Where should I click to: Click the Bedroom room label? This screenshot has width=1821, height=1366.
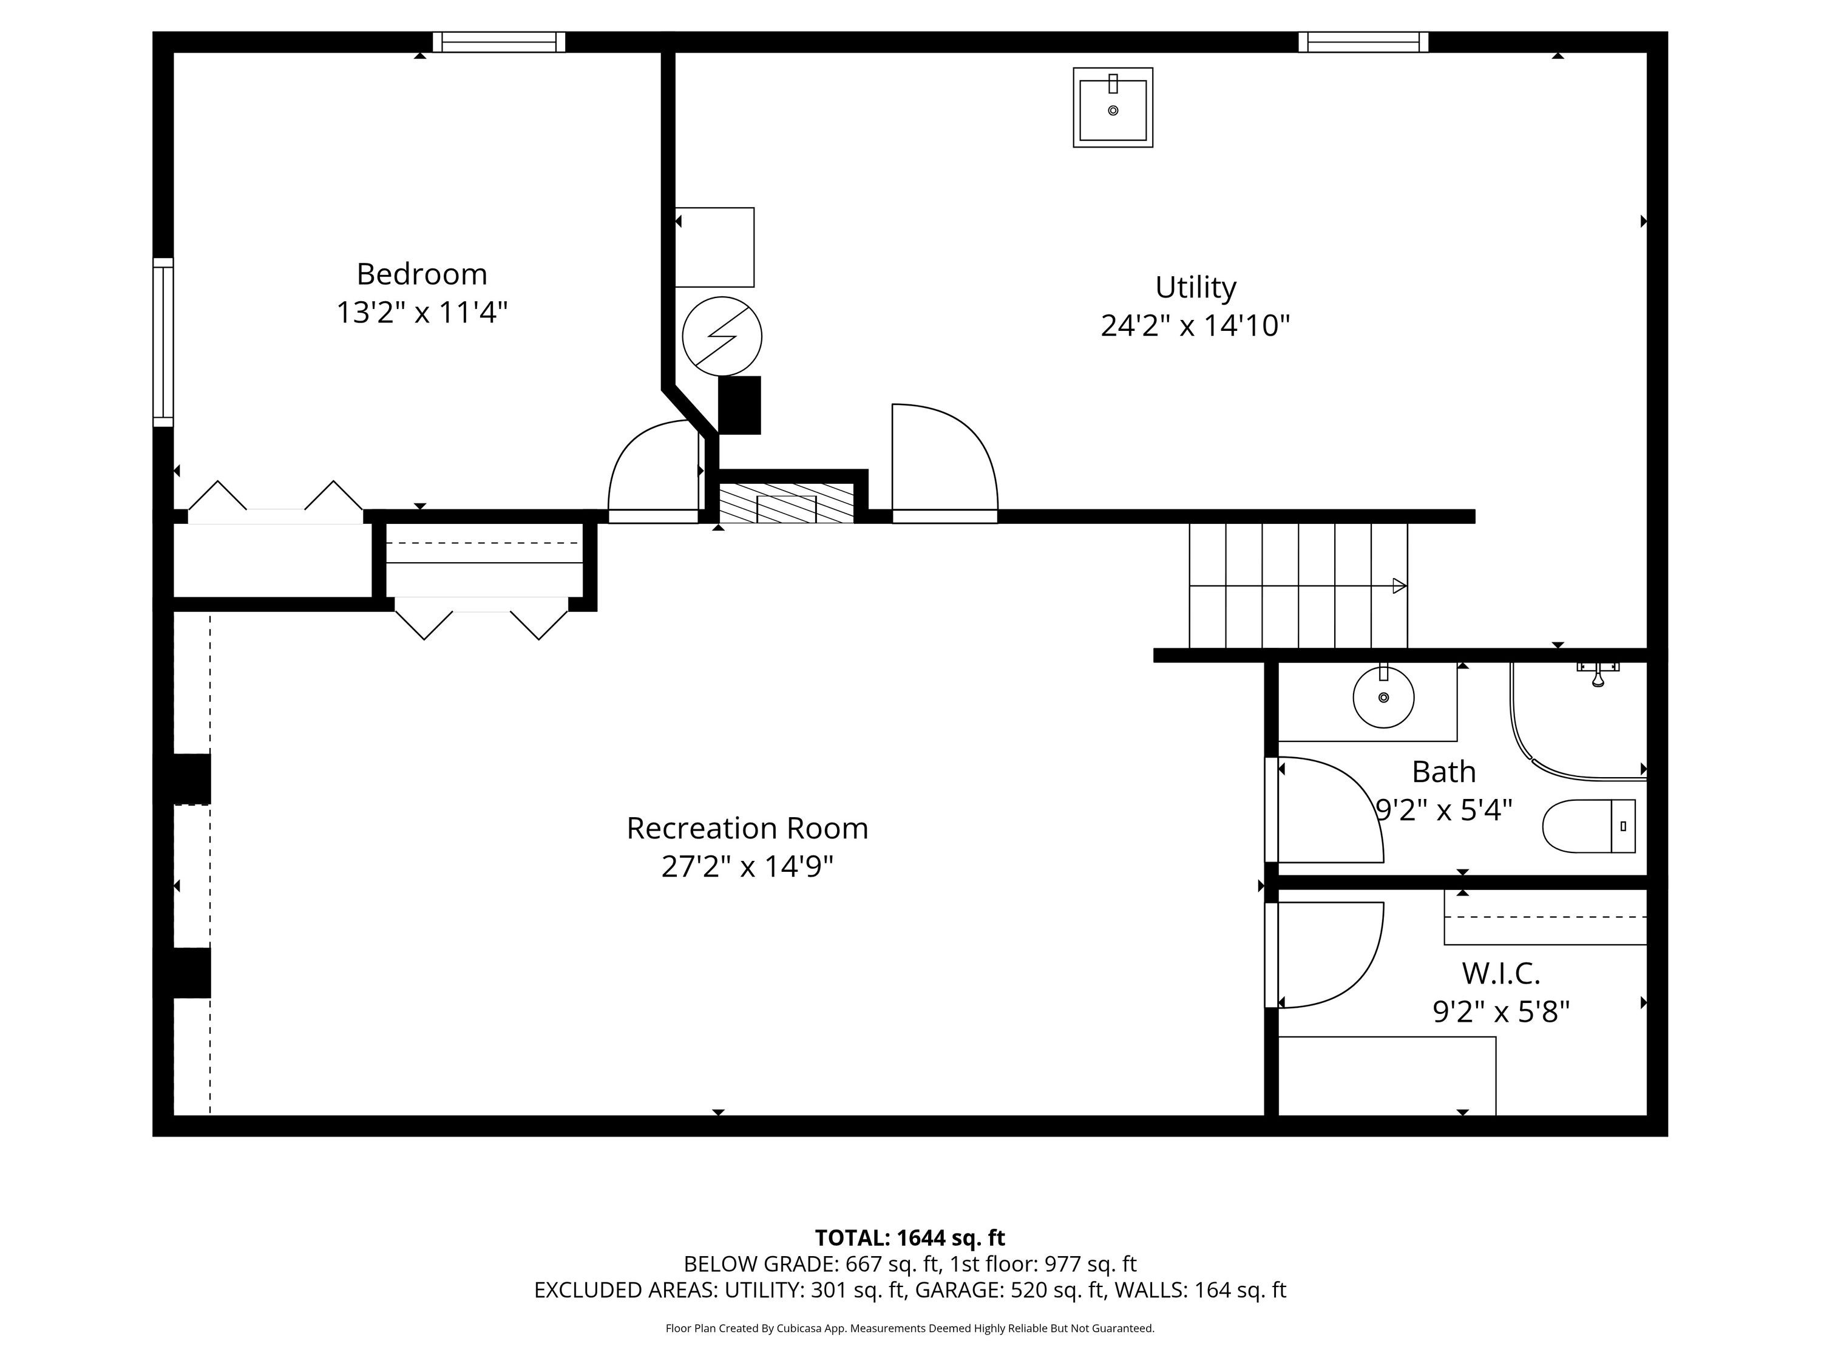click(421, 273)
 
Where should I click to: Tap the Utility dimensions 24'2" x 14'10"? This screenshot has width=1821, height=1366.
click(1195, 326)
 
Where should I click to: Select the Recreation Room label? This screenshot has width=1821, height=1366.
click(747, 828)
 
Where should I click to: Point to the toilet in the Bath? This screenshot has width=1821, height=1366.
click(1588, 826)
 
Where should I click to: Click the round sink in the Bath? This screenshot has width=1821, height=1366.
click(1383, 698)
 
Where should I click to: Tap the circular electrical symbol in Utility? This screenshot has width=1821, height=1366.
click(722, 336)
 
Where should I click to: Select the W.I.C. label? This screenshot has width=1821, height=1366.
click(1501, 973)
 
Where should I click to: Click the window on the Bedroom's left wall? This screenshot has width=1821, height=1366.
click(163, 342)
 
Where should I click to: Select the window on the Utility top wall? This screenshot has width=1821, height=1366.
click(1363, 42)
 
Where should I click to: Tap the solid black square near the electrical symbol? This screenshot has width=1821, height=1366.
click(739, 405)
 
